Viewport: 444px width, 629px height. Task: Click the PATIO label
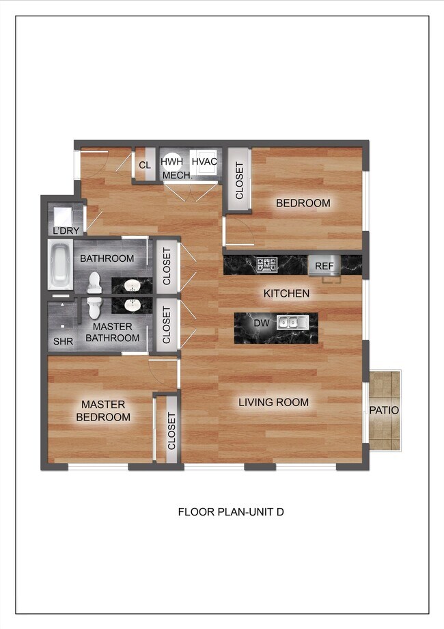385,410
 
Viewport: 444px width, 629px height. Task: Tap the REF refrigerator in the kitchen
324,266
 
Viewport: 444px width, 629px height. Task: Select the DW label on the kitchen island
260,323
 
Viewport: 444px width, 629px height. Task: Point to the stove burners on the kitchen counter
266,264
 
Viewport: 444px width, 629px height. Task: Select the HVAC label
204,161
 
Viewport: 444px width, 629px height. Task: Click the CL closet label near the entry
145,165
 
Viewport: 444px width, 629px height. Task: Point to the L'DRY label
66,231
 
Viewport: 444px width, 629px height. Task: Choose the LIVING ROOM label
273,402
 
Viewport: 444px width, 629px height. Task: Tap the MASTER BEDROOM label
103,411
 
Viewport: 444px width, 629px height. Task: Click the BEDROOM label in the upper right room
303,203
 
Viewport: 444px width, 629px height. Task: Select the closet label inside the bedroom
239,180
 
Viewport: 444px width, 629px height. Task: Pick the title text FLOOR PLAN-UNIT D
231,511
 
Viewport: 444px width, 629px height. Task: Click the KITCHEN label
287,293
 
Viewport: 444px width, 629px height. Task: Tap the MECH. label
178,175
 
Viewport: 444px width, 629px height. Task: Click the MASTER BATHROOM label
113,332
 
